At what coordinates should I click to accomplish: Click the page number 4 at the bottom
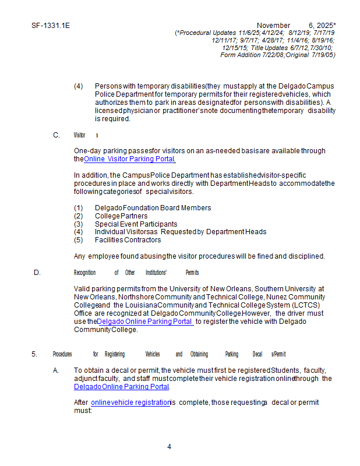(x=169, y=447)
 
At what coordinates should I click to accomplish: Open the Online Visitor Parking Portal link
(x=129, y=159)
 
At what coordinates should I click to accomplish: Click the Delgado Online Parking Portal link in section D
(x=145, y=321)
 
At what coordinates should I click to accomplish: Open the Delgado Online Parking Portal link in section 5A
(x=121, y=386)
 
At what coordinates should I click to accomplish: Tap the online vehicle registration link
(x=130, y=403)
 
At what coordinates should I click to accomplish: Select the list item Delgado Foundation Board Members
(x=153, y=208)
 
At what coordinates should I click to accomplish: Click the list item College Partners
(x=121, y=216)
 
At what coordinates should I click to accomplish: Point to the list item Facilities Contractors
(x=128, y=240)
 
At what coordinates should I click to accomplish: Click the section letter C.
(x=57, y=135)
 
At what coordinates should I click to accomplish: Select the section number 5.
(x=34, y=354)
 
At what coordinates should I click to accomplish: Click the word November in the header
(x=273, y=26)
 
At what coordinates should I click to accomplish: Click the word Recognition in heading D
(x=84, y=273)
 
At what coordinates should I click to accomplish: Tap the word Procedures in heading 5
(x=62, y=354)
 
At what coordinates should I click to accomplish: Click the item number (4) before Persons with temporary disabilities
(x=79, y=86)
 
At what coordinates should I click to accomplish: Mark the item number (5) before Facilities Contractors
(x=79, y=240)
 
